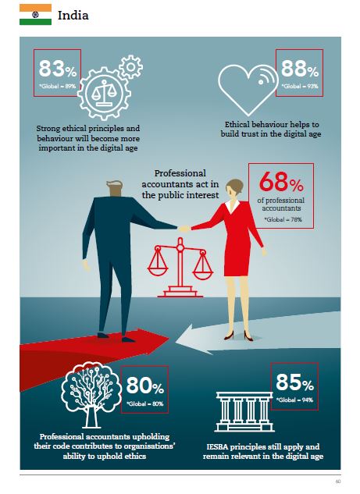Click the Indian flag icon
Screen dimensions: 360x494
coord(35,15)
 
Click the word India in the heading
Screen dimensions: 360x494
coord(73,15)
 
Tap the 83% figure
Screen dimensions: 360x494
coord(58,69)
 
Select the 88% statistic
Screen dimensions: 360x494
coord(299,69)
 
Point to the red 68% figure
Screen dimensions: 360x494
coord(281,182)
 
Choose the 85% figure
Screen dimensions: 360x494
coord(294,382)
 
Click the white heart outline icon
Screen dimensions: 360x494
coord(248,89)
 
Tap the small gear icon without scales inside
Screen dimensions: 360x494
coord(131,66)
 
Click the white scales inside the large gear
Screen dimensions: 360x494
coord(104,93)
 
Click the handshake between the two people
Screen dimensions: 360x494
coord(184,228)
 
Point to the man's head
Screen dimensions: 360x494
coord(115,188)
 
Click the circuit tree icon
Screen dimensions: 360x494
coord(91,395)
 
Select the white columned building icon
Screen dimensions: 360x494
coord(244,412)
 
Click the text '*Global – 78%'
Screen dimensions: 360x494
coord(283,219)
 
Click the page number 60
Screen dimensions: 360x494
coord(338,482)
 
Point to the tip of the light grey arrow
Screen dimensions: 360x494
coord(176,341)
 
